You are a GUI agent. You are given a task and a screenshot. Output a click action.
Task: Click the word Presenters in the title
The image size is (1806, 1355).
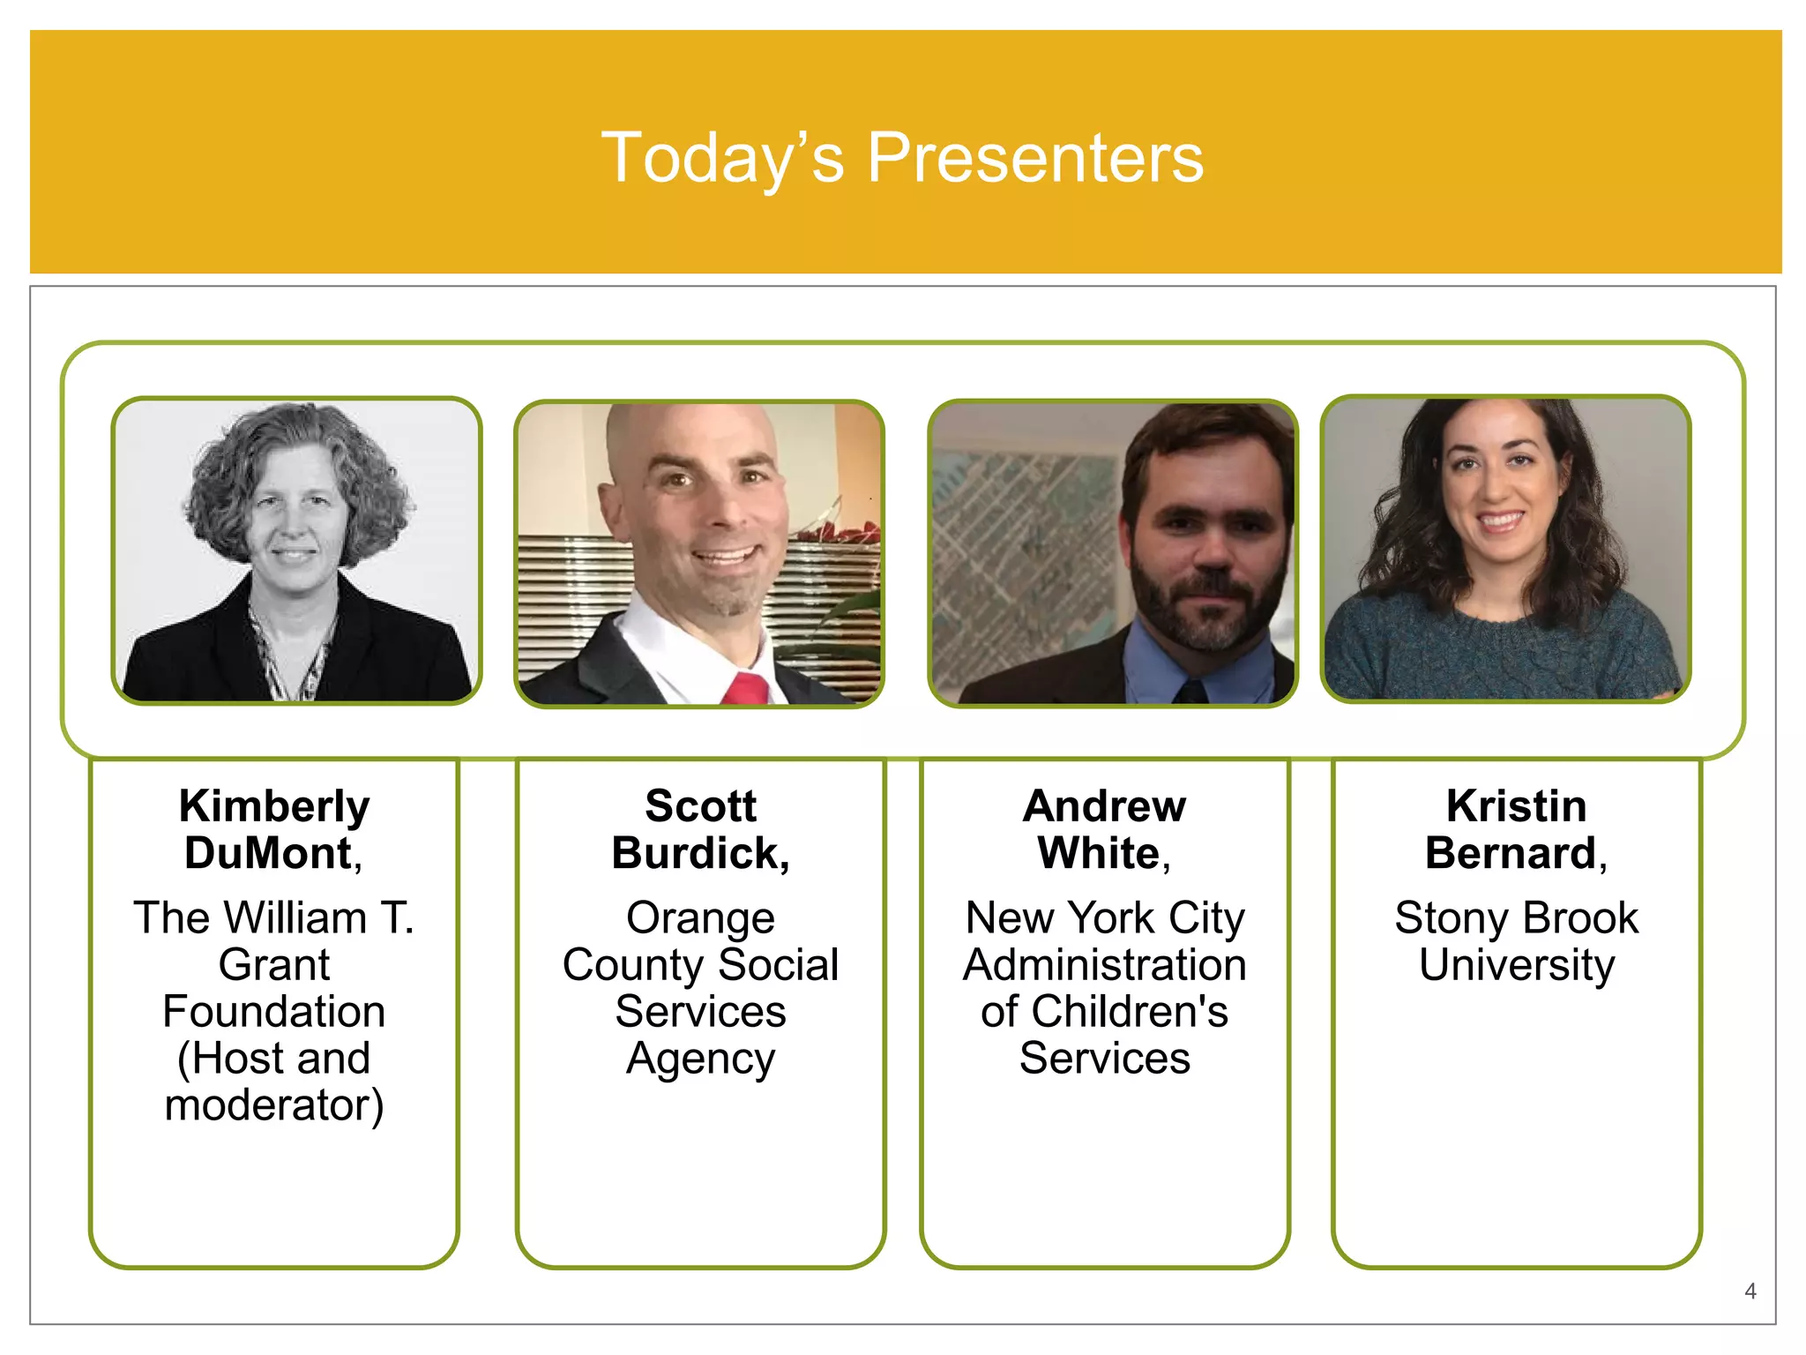point(1035,158)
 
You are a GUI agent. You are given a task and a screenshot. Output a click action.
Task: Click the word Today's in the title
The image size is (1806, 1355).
point(722,158)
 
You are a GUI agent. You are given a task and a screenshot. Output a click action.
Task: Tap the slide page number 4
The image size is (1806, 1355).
point(1750,1291)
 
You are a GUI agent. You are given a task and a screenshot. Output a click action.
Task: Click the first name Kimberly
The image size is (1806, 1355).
point(274,806)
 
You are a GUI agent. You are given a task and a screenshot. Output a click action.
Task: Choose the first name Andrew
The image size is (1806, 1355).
point(1104,806)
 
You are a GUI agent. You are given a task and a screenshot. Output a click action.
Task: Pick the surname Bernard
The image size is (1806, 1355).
point(1511,853)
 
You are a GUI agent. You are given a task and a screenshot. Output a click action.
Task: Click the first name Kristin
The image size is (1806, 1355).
point(1516,806)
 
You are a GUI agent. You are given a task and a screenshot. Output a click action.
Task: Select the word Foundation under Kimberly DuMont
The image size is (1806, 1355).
point(274,1011)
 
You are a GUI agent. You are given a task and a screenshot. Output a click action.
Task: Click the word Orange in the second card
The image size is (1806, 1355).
point(700,917)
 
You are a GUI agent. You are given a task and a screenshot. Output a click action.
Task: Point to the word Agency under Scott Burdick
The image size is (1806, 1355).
point(700,1059)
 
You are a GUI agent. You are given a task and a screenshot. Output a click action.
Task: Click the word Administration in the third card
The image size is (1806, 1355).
point(1104,964)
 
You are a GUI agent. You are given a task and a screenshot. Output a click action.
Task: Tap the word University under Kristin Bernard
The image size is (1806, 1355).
point(1516,964)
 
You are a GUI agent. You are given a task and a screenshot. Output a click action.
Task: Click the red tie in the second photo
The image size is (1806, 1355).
point(746,689)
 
